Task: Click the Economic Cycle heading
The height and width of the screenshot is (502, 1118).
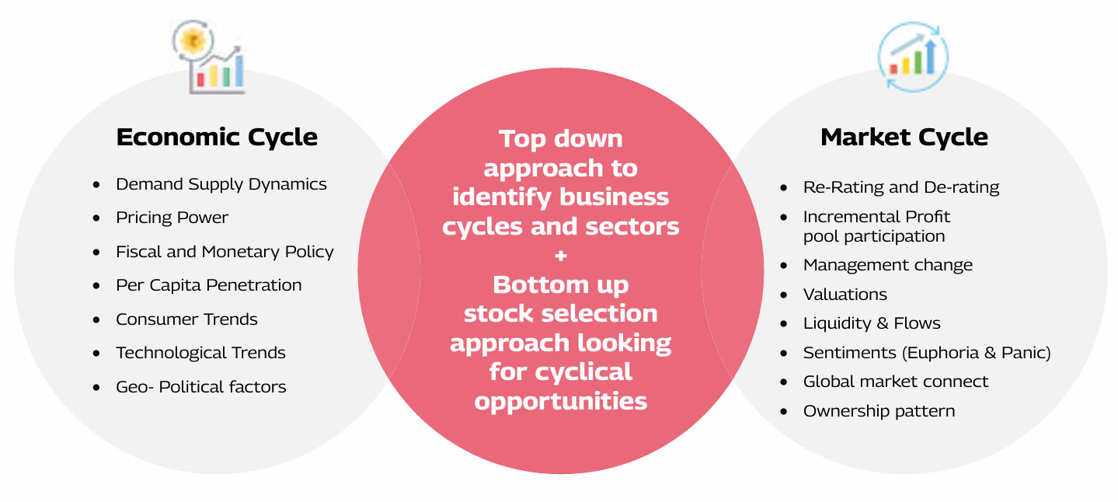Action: tap(217, 138)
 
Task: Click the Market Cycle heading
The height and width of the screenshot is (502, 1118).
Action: tap(904, 138)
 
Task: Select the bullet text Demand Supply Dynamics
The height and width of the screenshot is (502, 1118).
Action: tap(221, 185)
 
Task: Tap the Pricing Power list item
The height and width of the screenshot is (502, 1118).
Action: tap(172, 218)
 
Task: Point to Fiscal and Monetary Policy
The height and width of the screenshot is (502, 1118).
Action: tap(225, 252)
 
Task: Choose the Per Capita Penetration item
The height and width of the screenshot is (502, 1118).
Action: tap(209, 285)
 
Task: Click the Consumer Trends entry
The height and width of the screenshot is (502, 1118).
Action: tap(186, 319)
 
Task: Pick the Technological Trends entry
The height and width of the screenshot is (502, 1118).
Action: tap(200, 354)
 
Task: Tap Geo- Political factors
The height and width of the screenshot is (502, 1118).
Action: tap(200, 387)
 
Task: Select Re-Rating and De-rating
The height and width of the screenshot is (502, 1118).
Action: tap(901, 187)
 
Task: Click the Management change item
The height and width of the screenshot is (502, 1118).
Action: tap(888, 265)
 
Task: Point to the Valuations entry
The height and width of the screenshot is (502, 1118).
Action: tap(845, 295)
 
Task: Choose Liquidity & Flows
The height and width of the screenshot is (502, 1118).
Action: tap(872, 324)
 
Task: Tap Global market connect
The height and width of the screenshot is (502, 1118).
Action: tap(895, 382)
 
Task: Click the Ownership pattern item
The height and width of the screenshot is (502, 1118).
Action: tap(879, 412)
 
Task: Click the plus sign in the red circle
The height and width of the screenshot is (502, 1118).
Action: tap(560, 256)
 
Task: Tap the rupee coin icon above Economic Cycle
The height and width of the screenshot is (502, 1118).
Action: tap(193, 40)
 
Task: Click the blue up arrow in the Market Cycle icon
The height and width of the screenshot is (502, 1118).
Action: tap(930, 57)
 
